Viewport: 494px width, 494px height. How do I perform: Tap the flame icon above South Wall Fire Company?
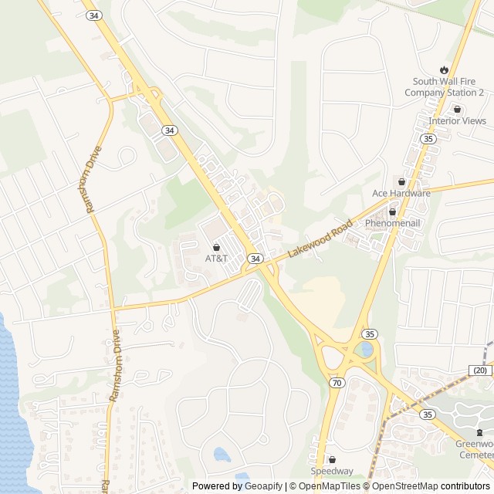(x=444, y=69)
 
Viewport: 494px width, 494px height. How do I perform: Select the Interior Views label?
(x=458, y=121)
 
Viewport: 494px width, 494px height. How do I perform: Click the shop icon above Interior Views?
(x=457, y=109)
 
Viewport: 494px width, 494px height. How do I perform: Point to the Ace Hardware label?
(x=401, y=193)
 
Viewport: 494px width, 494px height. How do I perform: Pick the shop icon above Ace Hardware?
(x=401, y=181)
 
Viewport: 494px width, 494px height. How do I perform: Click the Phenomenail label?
(x=392, y=223)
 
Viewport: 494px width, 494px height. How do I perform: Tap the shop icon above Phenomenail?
(x=392, y=211)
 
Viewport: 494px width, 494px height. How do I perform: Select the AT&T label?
(x=216, y=258)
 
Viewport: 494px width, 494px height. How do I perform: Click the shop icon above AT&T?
(x=216, y=246)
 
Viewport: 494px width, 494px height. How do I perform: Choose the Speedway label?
(x=332, y=471)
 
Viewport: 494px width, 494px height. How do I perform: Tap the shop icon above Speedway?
(x=332, y=459)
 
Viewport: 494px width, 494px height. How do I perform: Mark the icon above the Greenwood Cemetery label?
(x=479, y=432)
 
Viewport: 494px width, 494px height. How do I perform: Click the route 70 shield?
(x=336, y=382)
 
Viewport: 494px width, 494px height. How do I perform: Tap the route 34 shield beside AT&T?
(x=255, y=257)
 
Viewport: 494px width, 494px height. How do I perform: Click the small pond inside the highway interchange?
(x=366, y=350)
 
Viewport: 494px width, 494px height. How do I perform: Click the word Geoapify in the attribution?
(x=263, y=486)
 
